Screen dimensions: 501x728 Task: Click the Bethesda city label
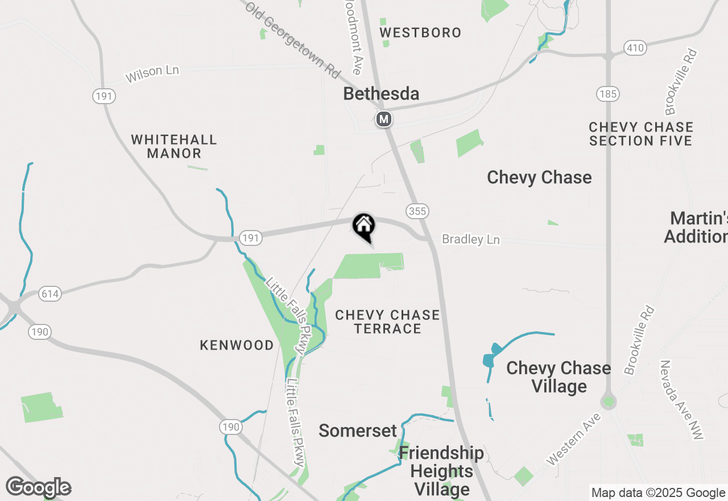381,94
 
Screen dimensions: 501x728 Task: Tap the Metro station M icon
384,119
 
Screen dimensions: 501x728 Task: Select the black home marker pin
364,226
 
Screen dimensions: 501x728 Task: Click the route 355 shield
417,211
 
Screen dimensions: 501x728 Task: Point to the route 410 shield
635,47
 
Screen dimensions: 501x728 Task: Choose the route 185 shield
608,94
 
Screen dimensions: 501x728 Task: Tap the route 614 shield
50,294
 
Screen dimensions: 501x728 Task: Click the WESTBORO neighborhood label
420,32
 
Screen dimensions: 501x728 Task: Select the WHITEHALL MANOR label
174,146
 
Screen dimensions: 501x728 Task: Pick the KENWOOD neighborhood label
237,345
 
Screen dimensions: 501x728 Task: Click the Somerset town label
357,430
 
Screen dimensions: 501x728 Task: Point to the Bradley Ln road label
471,240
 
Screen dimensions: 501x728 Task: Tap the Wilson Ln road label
152,73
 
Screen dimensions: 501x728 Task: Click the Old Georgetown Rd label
293,40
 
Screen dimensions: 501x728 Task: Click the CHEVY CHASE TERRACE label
387,322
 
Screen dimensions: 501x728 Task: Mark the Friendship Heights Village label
442,471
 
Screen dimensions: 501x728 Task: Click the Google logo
38,487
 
